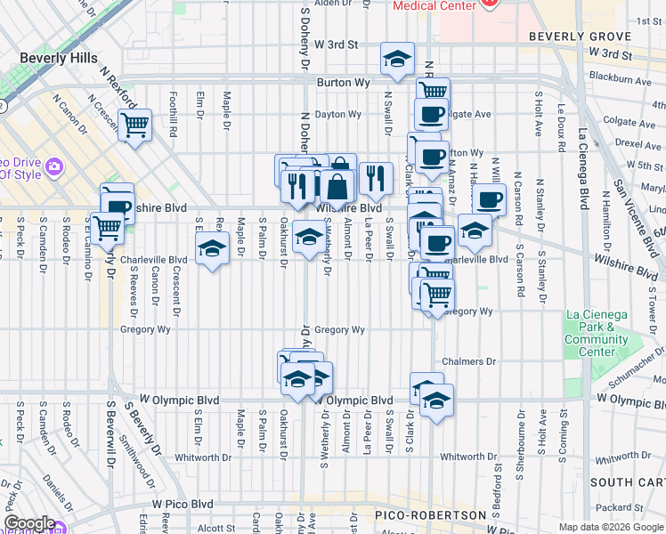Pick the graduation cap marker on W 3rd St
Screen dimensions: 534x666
pos(397,59)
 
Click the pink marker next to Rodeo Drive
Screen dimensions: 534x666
pos(55,166)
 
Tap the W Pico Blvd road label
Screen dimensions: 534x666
pos(183,504)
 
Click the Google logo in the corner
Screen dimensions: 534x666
pos(29,523)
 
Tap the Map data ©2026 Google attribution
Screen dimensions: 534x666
pos(610,527)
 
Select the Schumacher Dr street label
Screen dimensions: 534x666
pos(627,374)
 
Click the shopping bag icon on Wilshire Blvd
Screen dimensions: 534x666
pos(338,186)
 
